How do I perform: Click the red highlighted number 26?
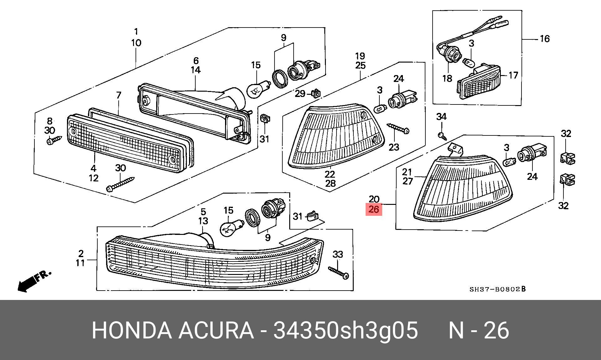click(x=374, y=210)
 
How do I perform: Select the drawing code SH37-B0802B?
click(x=497, y=289)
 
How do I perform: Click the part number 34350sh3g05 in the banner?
click(x=346, y=330)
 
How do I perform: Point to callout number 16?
click(x=545, y=39)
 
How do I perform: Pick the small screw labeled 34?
click(x=442, y=136)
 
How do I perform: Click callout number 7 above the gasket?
click(x=119, y=95)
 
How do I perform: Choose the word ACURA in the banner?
click(x=216, y=330)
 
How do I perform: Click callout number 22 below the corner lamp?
click(x=330, y=174)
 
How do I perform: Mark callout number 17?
click(x=513, y=75)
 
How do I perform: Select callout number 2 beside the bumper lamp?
click(x=81, y=253)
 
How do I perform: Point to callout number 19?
click(x=360, y=56)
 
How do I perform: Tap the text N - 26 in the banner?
click(x=479, y=330)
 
